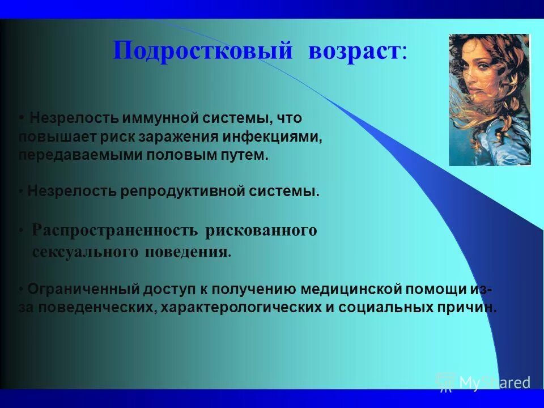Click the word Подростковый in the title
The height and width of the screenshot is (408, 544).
pos(203,51)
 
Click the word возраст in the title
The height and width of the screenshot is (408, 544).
pos(354,51)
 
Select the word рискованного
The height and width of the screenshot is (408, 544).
pos(261,231)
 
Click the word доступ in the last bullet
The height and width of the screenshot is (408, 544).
pos(168,290)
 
